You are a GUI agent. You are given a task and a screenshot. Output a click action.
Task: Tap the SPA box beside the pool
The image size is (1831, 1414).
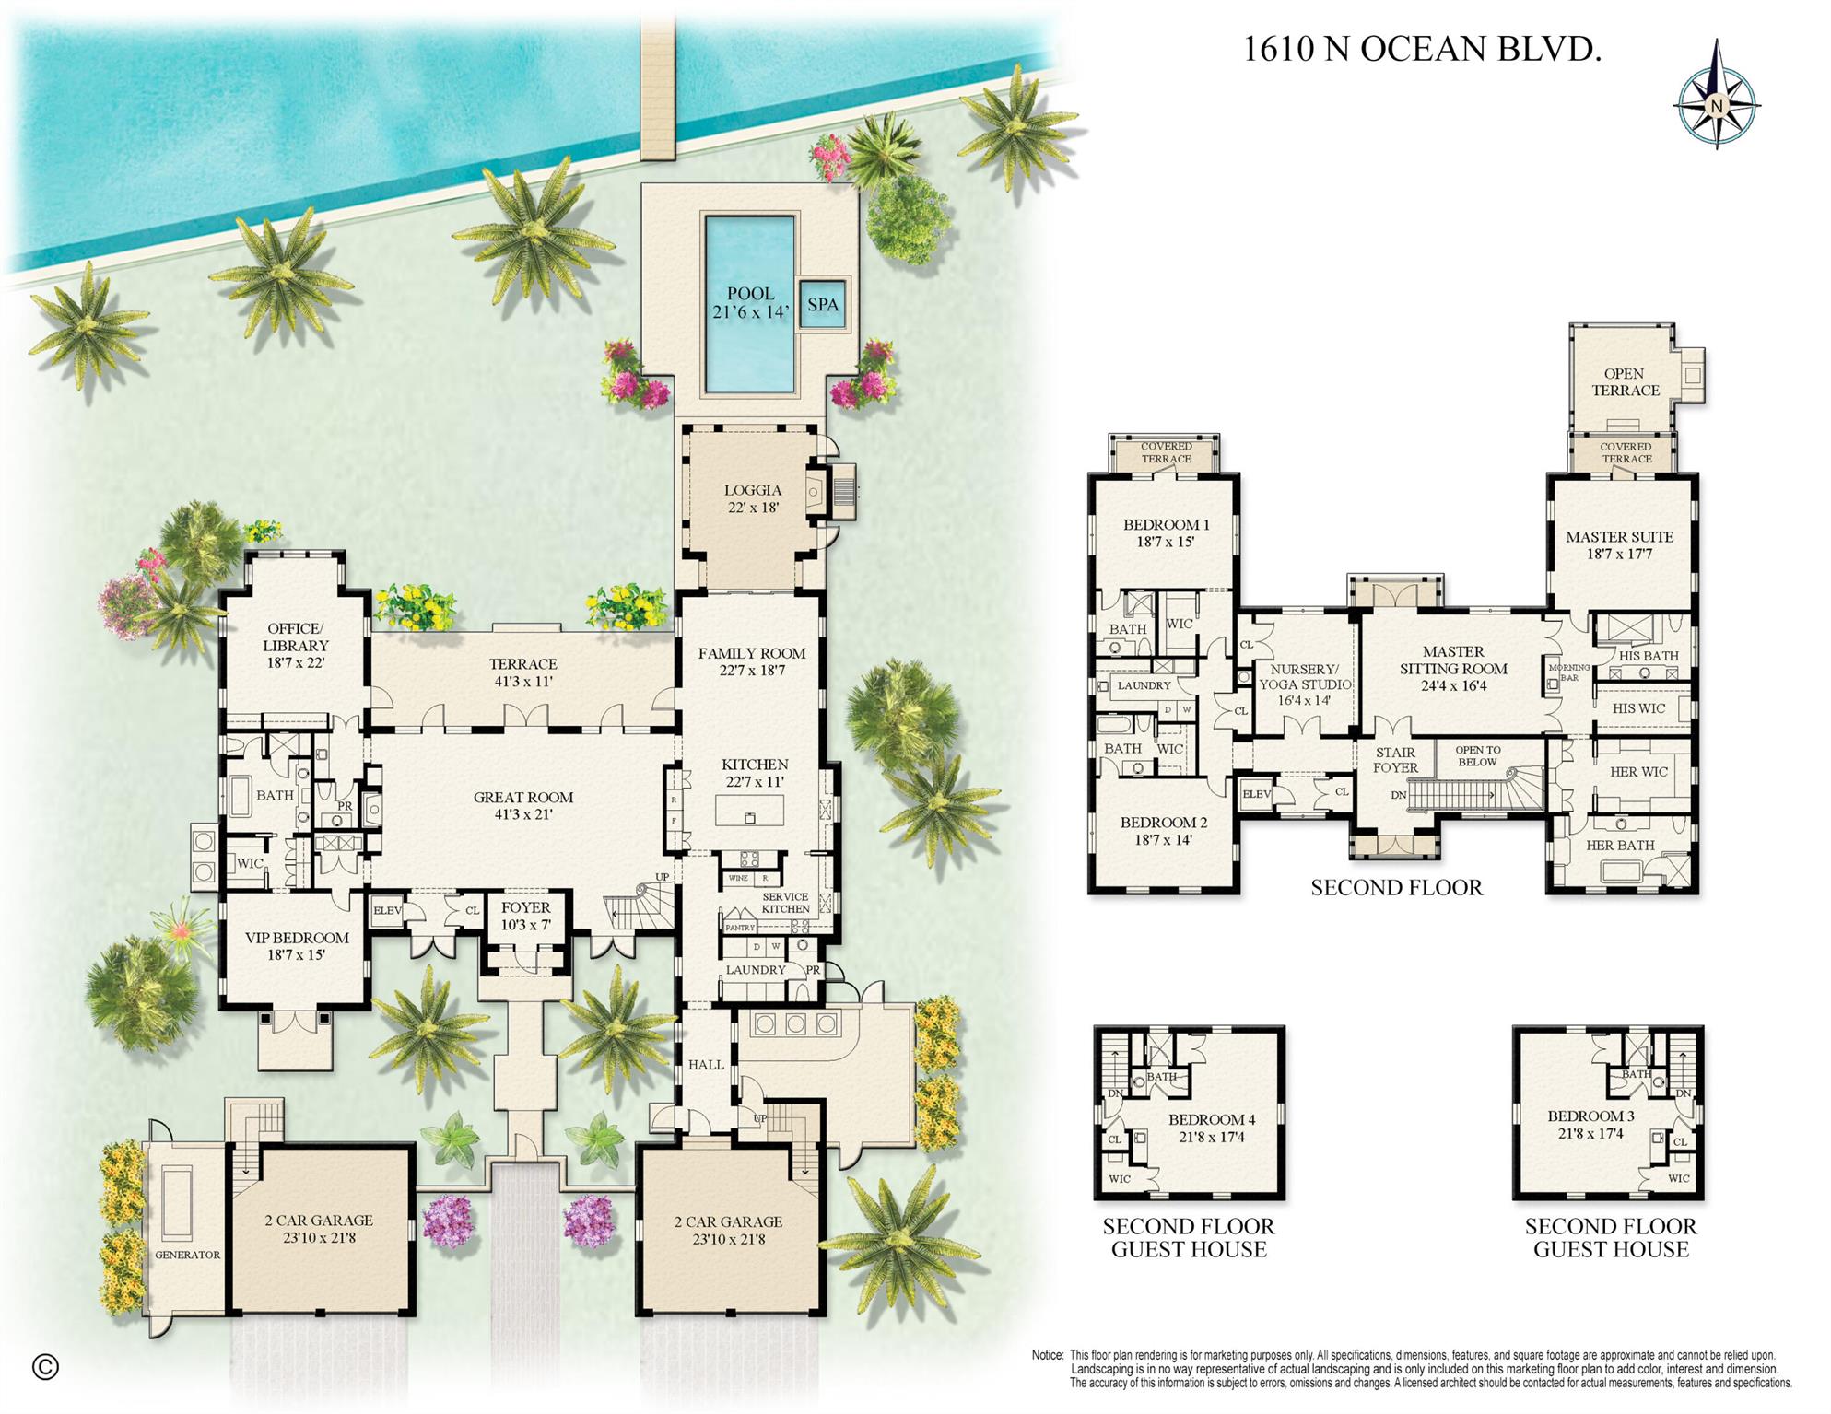pos(822,305)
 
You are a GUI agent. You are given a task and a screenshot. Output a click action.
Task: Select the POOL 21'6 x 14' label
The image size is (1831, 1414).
pos(750,303)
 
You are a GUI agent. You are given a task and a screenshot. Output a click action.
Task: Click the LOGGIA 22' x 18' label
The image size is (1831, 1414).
pos(752,498)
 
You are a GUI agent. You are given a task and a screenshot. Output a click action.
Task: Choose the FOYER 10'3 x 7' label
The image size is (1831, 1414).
pos(525,916)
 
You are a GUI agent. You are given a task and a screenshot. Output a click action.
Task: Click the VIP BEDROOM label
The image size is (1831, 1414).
pos(297,946)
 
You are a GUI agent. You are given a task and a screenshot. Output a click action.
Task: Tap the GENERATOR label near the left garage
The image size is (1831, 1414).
pos(187,1255)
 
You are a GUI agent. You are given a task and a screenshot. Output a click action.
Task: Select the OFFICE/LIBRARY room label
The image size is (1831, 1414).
pos(295,645)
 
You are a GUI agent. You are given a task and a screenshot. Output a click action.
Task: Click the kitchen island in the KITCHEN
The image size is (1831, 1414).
pos(749,812)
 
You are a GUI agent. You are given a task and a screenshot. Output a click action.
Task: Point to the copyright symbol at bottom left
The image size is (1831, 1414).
pos(45,1367)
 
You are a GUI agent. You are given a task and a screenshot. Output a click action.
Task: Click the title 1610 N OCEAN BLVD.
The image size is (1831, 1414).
pos(1422,49)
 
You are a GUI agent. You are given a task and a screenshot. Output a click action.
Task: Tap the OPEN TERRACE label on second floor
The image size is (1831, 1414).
pos(1625,381)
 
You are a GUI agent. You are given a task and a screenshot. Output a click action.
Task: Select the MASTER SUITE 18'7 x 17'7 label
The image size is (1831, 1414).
pos(1619,544)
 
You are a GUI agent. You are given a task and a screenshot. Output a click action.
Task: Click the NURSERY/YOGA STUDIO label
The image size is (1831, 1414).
pos(1303,684)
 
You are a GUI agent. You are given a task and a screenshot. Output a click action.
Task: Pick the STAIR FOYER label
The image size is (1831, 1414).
pos(1395,759)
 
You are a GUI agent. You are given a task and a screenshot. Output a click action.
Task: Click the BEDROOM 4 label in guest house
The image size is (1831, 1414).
pos(1212,1128)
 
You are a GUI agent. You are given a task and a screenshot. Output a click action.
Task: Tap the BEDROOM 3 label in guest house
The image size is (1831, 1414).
pos(1590,1124)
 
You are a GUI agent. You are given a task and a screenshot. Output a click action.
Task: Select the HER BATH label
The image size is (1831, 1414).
pos(1620,845)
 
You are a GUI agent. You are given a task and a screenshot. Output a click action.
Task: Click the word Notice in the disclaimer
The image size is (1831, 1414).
pos(1047,1355)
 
